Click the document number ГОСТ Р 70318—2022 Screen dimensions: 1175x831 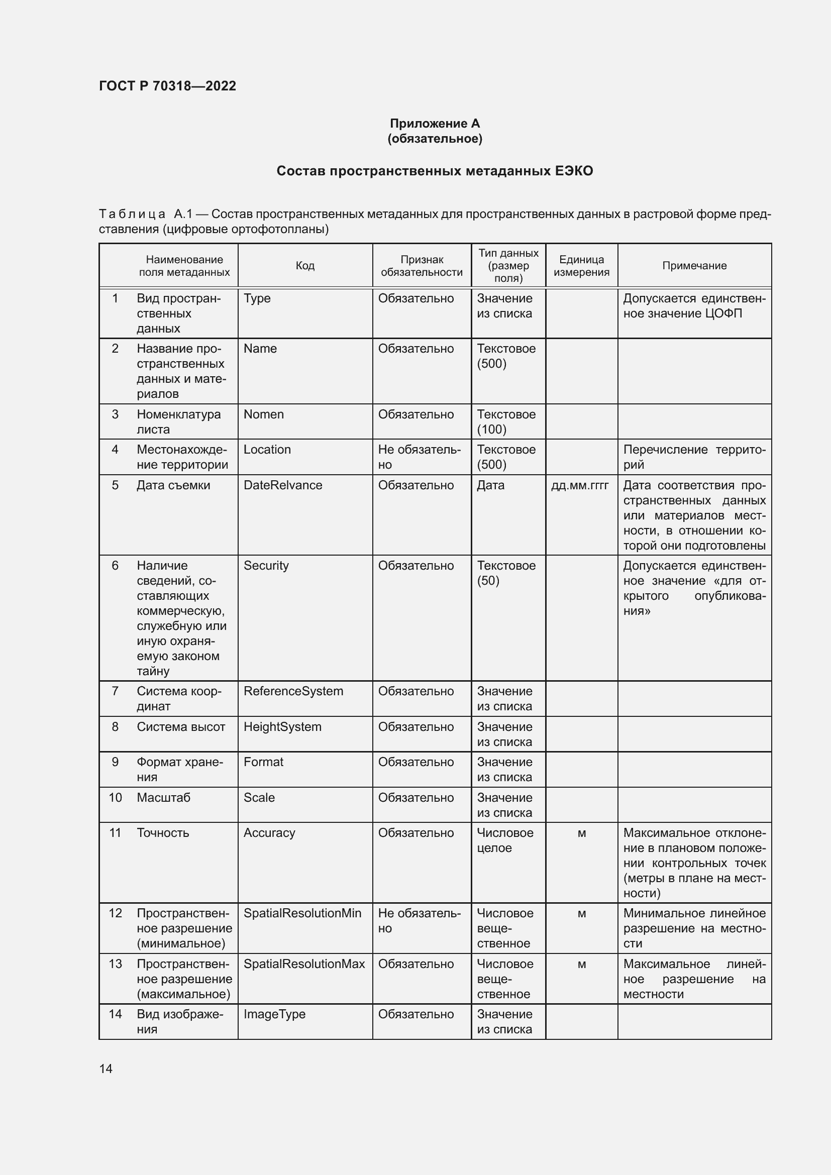pos(167,86)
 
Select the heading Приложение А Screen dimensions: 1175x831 pos(435,124)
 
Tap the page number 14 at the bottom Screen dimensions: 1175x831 pos(106,1069)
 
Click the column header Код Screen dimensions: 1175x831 pos(305,266)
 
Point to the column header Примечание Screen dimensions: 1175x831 pos(694,266)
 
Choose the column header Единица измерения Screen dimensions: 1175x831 pos(581,266)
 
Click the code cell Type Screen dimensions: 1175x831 pos(257,298)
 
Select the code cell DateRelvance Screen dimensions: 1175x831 pos(282,485)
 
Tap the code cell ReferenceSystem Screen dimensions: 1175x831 pos(293,691)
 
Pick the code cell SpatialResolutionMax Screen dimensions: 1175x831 pos(304,964)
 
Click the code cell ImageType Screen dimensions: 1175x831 pos(274,1014)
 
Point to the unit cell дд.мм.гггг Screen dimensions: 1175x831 pos(580,485)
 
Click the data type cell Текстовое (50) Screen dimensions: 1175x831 pos(506,573)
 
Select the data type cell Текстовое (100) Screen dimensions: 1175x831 pos(506,421)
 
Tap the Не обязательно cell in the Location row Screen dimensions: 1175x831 pos(419,457)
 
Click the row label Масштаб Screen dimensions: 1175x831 pos(163,797)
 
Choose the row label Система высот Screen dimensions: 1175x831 pos(181,727)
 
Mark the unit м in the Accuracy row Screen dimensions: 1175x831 pos(582,833)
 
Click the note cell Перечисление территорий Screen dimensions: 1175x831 pos(694,457)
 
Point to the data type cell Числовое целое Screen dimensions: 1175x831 pos(504,840)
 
